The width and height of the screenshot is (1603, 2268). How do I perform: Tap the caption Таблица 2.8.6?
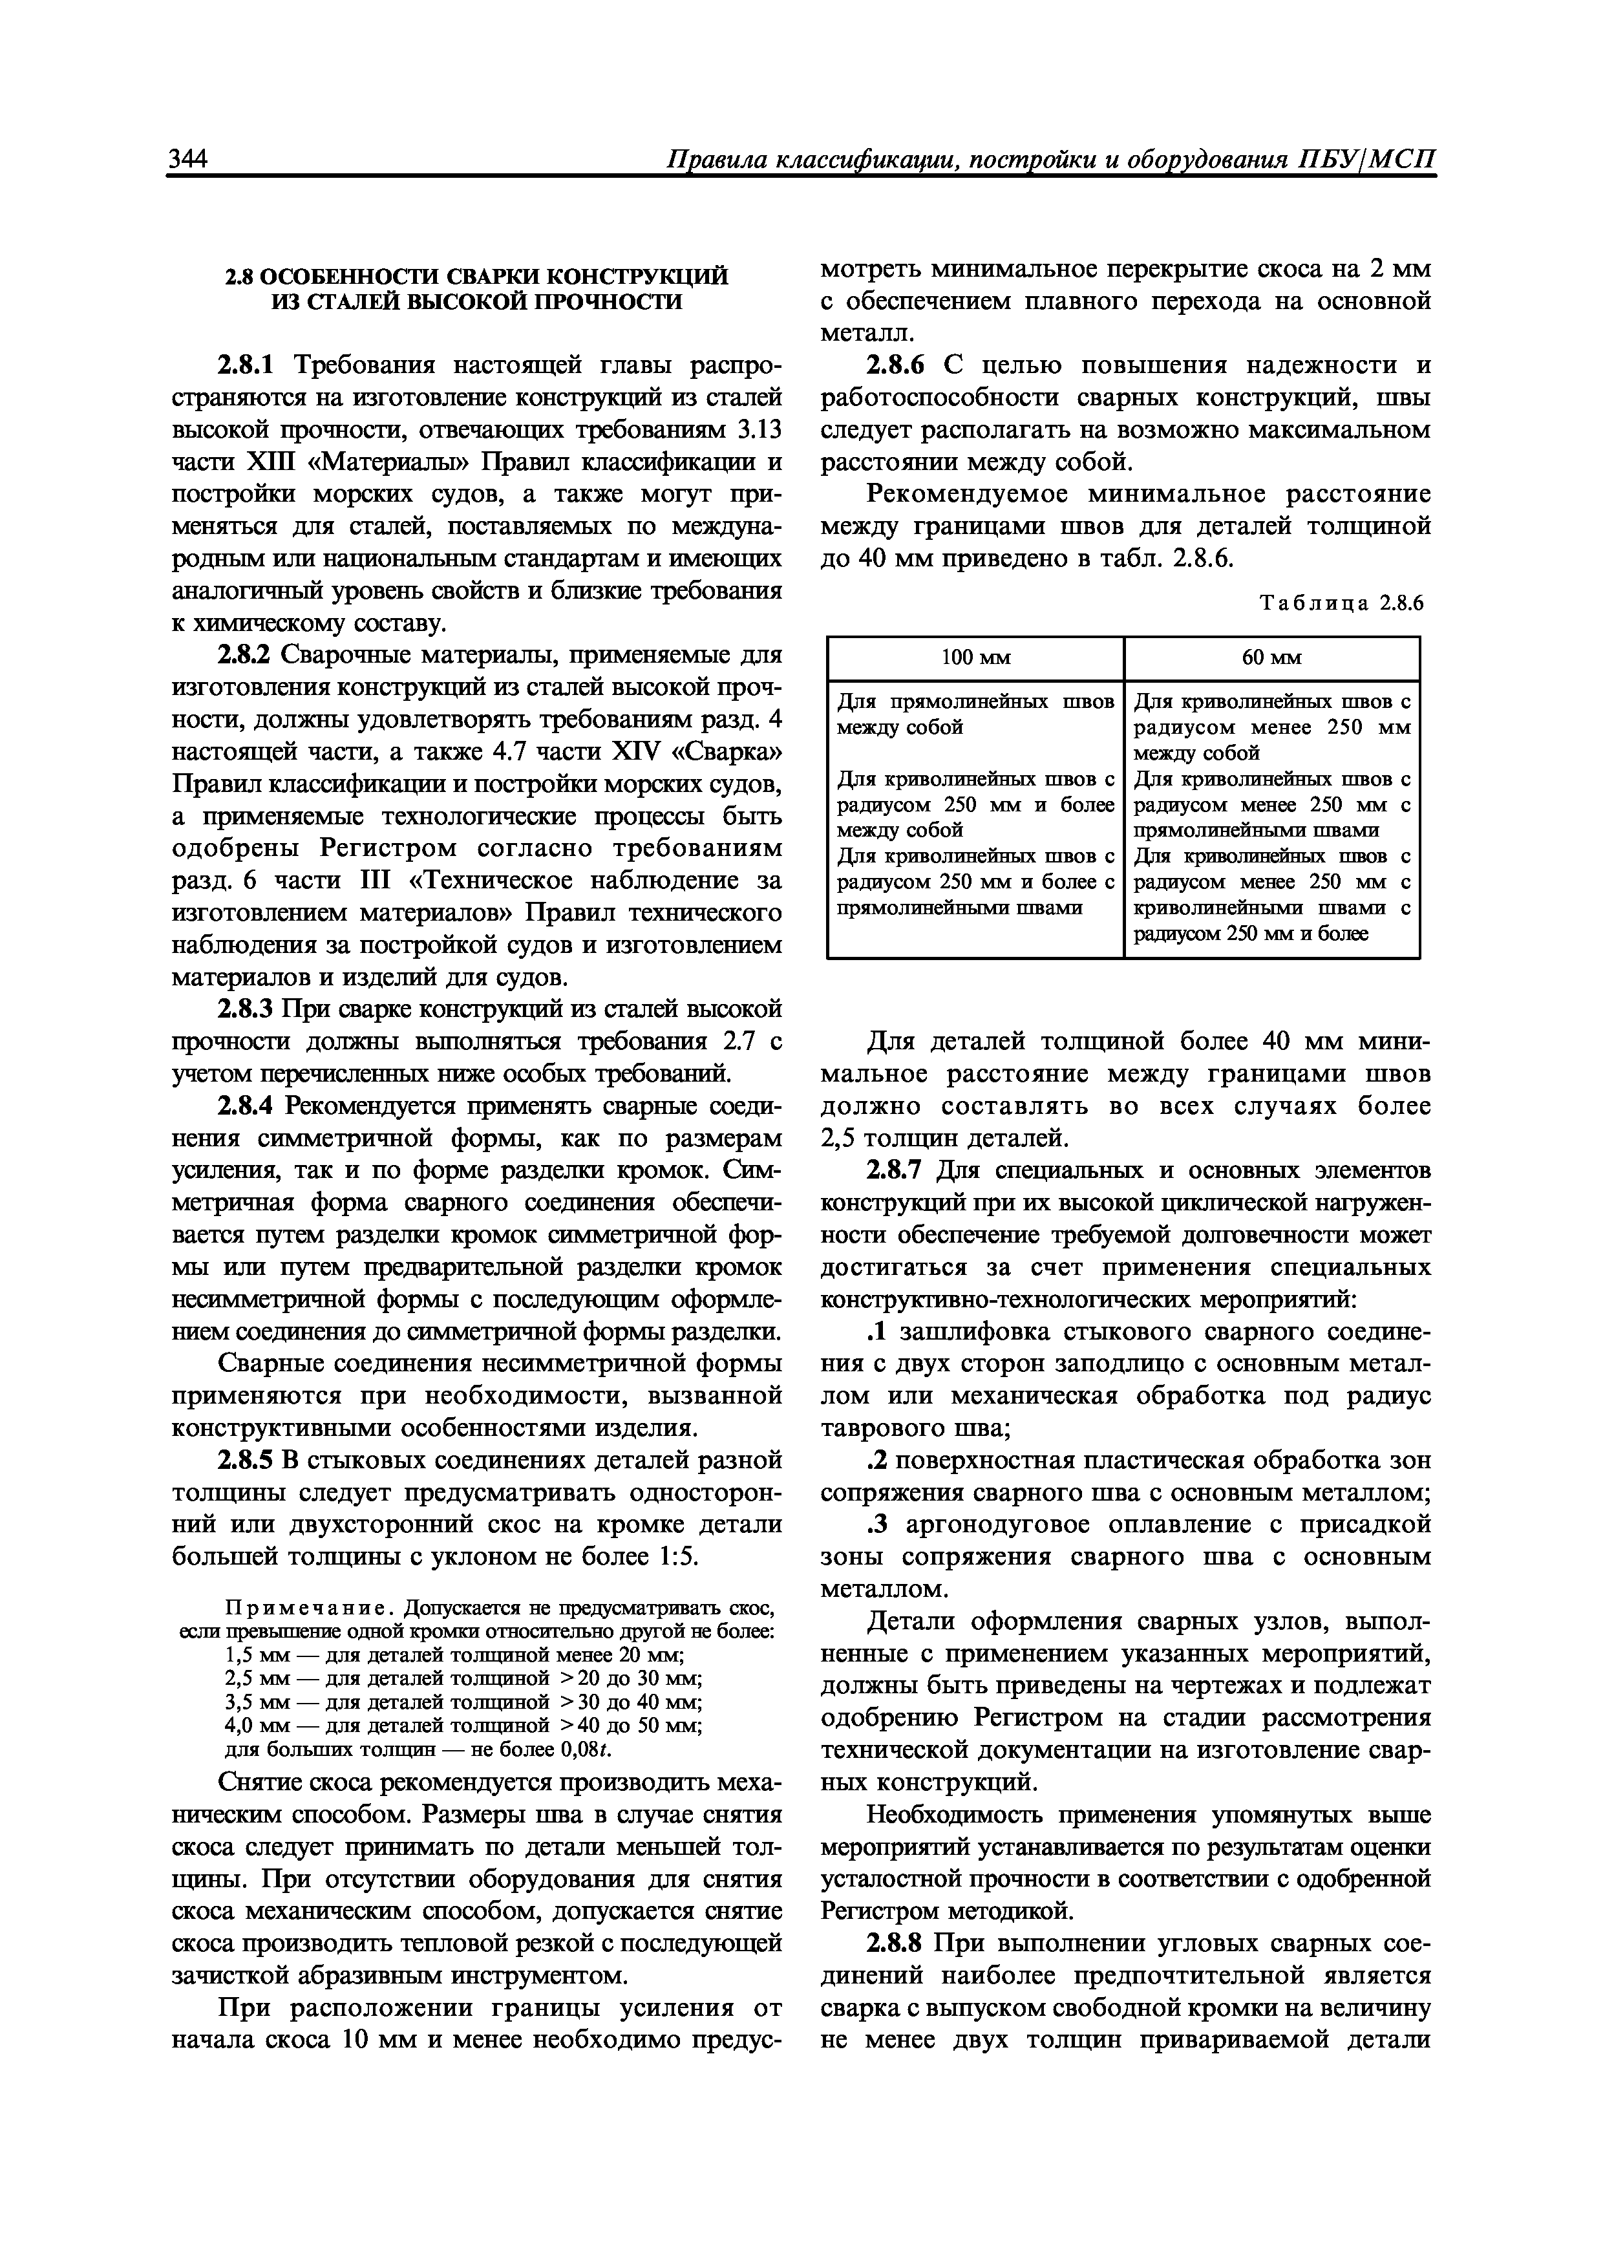pos(1341,604)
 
